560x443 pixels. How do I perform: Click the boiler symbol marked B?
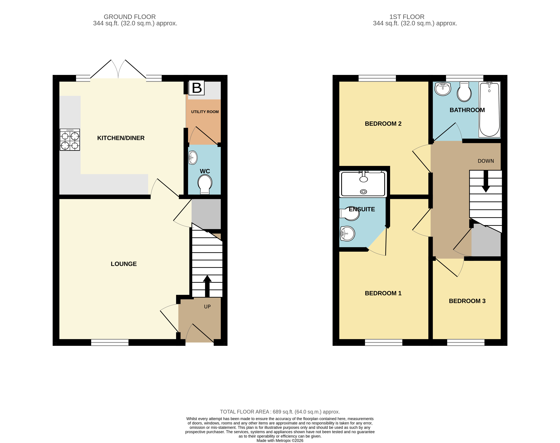[x=197, y=88]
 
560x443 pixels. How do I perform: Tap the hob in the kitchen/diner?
[x=70, y=140]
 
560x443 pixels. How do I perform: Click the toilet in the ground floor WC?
[x=205, y=184]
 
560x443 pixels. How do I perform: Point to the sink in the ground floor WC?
[x=193, y=157]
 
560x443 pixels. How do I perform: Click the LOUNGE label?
[x=124, y=264]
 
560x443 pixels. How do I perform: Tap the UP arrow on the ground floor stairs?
[x=207, y=285]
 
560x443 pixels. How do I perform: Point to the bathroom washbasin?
[x=443, y=89]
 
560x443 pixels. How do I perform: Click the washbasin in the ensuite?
[x=347, y=233]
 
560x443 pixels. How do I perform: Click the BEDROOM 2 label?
[x=383, y=124]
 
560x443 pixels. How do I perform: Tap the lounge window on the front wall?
[x=110, y=342]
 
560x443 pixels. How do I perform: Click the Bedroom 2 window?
[x=377, y=78]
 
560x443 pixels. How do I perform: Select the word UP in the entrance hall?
[x=207, y=307]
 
